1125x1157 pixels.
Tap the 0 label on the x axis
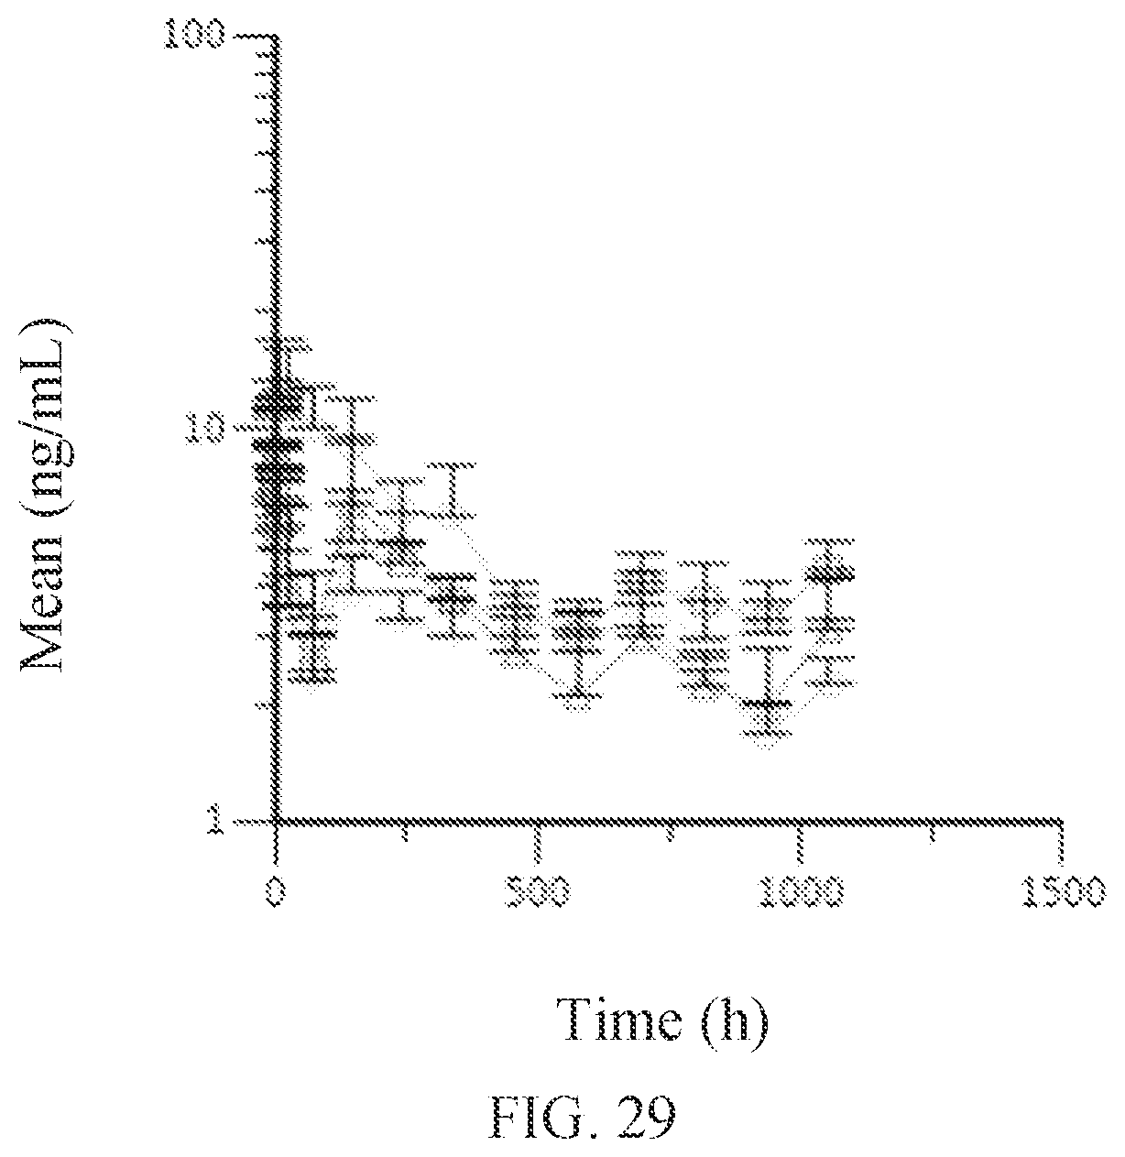click(x=276, y=890)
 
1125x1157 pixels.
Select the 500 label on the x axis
click(x=538, y=891)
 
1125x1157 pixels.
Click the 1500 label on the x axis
click(x=1063, y=891)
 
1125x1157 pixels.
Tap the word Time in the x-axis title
click(x=619, y=1019)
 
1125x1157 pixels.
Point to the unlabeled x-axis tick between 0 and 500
click(x=406, y=833)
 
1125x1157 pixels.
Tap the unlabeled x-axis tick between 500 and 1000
click(x=670, y=833)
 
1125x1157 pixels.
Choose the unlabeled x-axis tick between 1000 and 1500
click(x=931, y=833)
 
